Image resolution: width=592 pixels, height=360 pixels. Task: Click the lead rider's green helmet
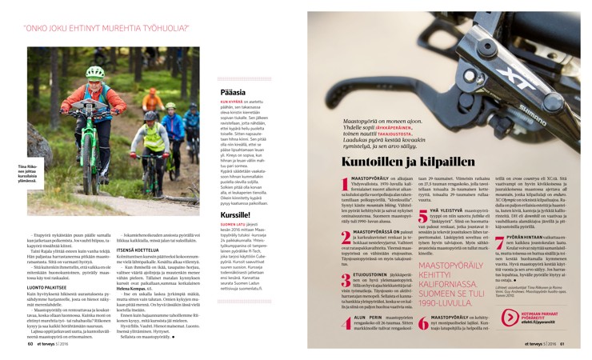point(94,72)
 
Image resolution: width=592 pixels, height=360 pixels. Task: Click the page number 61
point(562,345)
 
